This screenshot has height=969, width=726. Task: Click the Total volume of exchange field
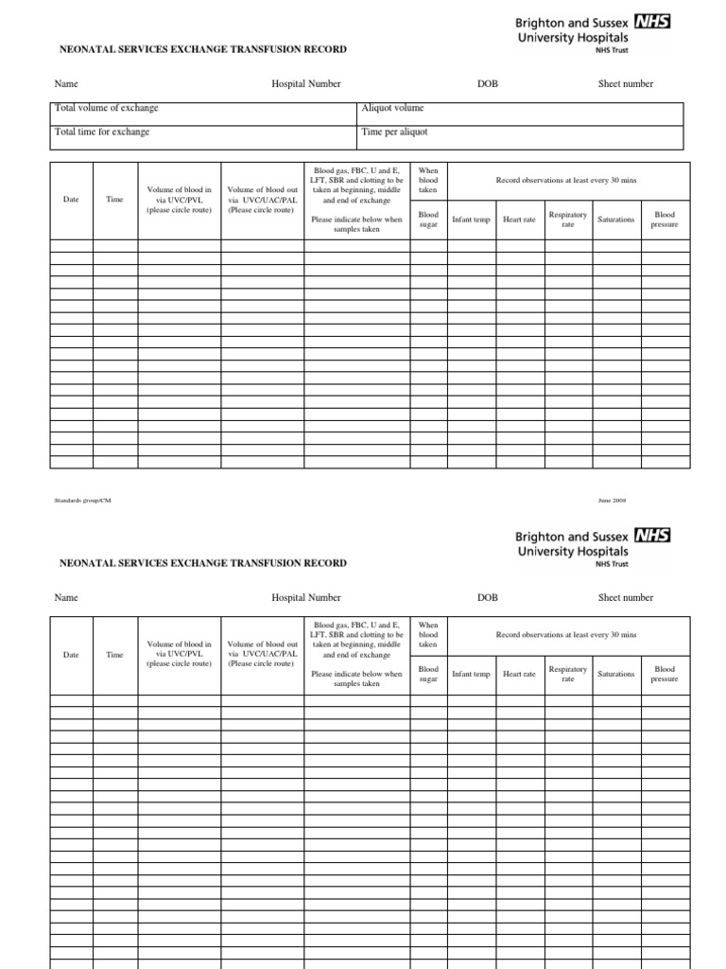[x=204, y=109]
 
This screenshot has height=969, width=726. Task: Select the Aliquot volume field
[x=520, y=109]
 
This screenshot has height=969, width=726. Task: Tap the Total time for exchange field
[x=204, y=132]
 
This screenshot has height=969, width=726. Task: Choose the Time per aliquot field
[x=520, y=132]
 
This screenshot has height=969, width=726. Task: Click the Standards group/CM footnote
[x=82, y=500]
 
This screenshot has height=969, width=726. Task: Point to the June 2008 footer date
[x=612, y=500]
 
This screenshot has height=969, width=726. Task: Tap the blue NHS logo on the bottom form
[x=652, y=536]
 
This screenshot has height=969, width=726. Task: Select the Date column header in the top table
[x=71, y=200]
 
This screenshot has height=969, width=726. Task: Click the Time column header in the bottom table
[x=114, y=654]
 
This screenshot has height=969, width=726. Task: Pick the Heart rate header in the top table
[x=519, y=220]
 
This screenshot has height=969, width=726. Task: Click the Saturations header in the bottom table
[x=616, y=674]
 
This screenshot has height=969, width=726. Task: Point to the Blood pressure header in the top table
[x=665, y=220]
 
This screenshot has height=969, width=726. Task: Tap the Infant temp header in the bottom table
[x=471, y=674]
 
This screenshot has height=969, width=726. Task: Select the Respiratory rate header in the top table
[x=568, y=220]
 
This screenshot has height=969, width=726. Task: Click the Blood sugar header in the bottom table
[x=428, y=674]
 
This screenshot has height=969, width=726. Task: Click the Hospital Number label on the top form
[x=306, y=84]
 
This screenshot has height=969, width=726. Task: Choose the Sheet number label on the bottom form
[x=625, y=598]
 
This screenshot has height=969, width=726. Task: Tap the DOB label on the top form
[x=488, y=84]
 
